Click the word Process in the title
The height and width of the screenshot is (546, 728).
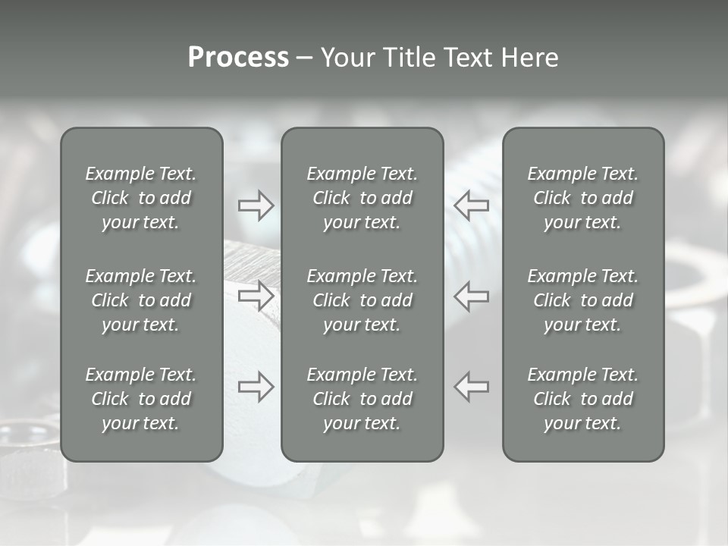tap(238, 58)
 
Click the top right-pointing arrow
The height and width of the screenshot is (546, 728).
tap(256, 206)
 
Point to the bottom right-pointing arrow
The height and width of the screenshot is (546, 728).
tap(256, 387)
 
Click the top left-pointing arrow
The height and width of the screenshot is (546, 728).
tap(472, 206)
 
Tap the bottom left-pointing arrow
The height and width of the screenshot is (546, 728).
tap(472, 387)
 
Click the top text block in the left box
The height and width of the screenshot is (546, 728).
tap(141, 198)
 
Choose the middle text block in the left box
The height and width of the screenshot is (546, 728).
tap(141, 300)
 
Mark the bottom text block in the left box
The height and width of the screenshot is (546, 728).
tap(141, 399)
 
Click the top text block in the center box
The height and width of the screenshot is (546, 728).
tap(362, 198)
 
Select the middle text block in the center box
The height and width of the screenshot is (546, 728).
tap(362, 300)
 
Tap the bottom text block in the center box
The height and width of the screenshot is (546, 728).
tap(362, 399)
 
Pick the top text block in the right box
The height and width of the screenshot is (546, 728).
tap(582, 198)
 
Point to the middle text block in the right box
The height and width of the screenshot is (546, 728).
tap(582, 300)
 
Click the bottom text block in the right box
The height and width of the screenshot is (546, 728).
tap(582, 399)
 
